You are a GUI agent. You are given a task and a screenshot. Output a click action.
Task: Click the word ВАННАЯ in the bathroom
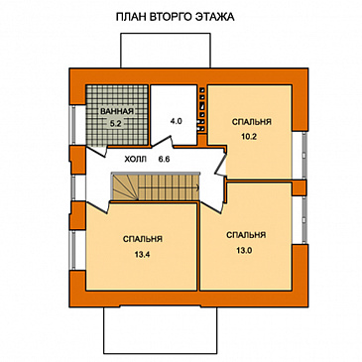tap(117, 111)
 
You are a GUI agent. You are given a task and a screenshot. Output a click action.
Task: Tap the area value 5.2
tap(116, 124)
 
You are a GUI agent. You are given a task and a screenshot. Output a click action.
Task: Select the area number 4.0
tap(176, 121)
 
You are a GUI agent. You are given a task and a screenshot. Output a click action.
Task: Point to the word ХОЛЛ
tap(135, 160)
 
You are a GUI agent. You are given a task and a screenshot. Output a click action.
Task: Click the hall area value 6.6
tap(164, 160)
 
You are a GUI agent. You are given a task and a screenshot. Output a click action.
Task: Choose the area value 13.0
tap(245, 250)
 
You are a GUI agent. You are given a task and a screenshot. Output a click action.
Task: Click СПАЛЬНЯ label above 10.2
tap(252, 122)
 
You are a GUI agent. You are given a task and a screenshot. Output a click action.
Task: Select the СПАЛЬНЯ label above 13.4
tap(143, 239)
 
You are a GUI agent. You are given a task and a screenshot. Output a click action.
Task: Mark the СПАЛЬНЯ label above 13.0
tap(246, 235)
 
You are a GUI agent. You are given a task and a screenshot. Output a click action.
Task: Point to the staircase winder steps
tap(124, 187)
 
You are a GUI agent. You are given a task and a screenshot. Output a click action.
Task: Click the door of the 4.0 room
tap(163, 142)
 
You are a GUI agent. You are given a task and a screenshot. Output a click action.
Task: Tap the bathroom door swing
tap(96, 151)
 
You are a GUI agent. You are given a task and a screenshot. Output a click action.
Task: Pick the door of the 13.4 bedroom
tap(98, 207)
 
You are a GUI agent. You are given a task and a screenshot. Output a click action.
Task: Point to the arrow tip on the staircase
tap(198, 188)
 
